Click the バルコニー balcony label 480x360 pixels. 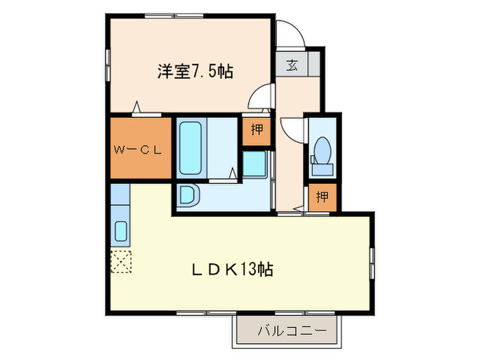coord(287,331)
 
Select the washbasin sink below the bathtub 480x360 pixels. coord(187,196)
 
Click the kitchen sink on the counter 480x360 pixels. coord(121,232)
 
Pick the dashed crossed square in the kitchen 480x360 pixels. coord(121,261)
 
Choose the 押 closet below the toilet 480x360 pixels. coord(322,197)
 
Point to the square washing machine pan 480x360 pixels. coord(254,163)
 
